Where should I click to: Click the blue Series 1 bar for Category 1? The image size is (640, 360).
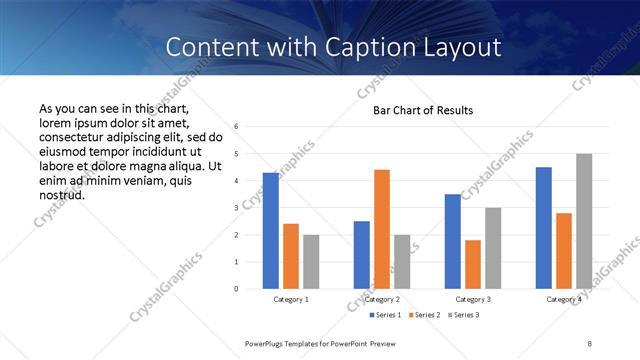[271, 231]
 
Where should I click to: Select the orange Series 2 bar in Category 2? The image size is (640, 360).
[382, 229]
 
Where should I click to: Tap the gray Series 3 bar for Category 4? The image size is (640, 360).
[583, 221]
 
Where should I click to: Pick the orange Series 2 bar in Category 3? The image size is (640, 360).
[473, 264]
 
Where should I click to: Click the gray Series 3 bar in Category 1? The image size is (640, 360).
[311, 262]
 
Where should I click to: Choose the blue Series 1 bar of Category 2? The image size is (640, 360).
[362, 255]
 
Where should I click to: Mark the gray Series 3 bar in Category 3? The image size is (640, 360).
[493, 248]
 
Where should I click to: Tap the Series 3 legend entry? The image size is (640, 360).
[467, 316]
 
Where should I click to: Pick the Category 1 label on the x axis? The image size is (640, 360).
[291, 299]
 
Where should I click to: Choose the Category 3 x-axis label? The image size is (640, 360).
[473, 299]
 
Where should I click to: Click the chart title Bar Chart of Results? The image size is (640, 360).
[423, 110]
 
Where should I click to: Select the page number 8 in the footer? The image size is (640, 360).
[590, 343]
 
